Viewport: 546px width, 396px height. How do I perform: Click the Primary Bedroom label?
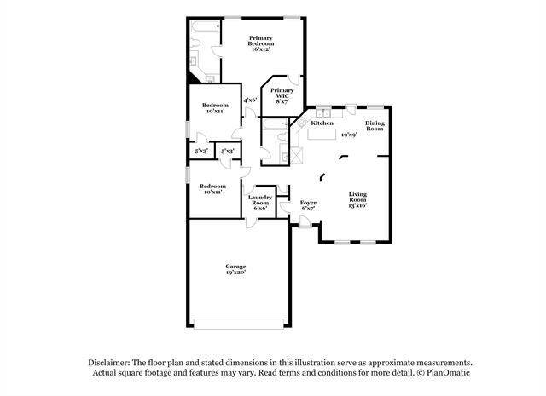[261, 41]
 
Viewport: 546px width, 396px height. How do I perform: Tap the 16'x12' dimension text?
[261, 49]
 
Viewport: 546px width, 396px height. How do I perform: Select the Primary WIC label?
[282, 93]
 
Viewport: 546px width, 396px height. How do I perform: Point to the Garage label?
[235, 267]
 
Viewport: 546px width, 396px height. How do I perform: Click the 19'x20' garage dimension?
[235, 273]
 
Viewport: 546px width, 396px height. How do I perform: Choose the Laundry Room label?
[260, 200]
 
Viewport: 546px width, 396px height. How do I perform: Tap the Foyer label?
[308, 203]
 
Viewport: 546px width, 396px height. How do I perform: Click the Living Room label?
[357, 197]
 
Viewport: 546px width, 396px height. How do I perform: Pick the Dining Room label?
[375, 125]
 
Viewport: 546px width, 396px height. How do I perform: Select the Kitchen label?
[322, 123]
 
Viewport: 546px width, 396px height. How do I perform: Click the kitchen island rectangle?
[322, 135]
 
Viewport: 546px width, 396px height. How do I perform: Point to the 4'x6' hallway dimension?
[250, 100]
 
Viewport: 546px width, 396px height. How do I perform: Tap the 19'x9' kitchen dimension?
[349, 135]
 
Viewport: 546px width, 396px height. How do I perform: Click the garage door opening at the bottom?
[239, 324]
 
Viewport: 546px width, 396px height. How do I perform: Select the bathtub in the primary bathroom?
[205, 26]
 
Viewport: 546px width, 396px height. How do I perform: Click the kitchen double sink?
[323, 113]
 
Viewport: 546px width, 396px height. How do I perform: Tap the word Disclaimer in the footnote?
[109, 363]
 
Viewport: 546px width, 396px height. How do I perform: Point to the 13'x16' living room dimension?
[357, 205]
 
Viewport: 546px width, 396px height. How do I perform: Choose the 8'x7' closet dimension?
[282, 101]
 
